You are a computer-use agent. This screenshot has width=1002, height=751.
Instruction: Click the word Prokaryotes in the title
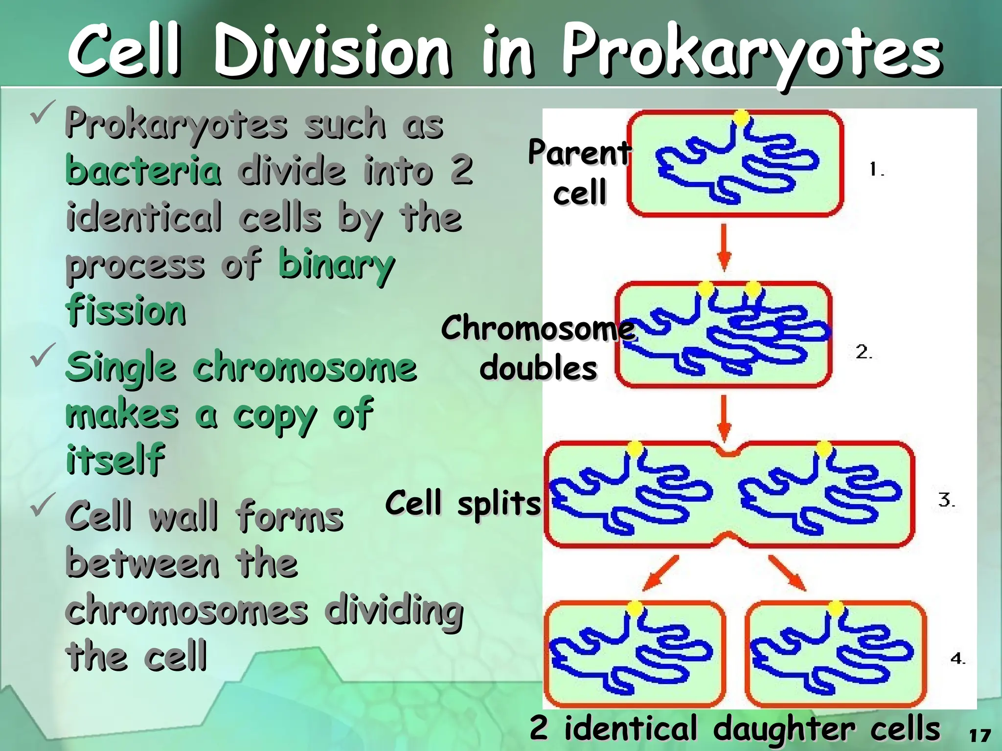(751, 53)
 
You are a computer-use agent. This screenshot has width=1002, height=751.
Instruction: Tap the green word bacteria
(143, 170)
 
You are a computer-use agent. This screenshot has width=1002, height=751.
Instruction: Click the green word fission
(126, 310)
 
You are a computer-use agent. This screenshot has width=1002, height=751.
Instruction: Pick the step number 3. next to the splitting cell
(946, 500)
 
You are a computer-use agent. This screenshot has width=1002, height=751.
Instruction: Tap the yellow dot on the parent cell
(741, 117)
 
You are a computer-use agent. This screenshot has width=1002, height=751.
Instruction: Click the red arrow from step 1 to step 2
(724, 247)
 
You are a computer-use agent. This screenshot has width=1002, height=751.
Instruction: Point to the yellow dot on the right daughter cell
(836, 608)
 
